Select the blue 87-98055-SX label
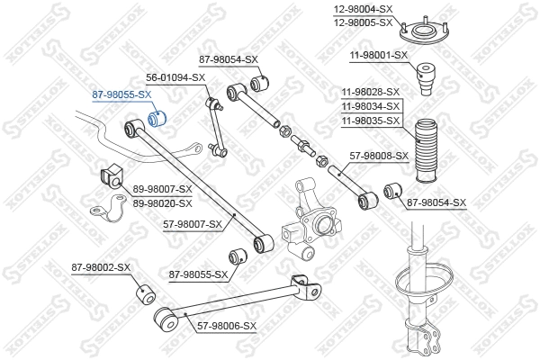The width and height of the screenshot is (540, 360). pyautogui.click(x=121, y=94)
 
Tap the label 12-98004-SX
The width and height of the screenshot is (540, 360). pyautogui.click(x=364, y=9)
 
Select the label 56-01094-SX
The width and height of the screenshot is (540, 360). pyautogui.click(x=176, y=77)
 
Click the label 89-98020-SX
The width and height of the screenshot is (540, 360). pyautogui.click(x=163, y=202)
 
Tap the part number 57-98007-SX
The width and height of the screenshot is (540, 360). pyautogui.click(x=192, y=224)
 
